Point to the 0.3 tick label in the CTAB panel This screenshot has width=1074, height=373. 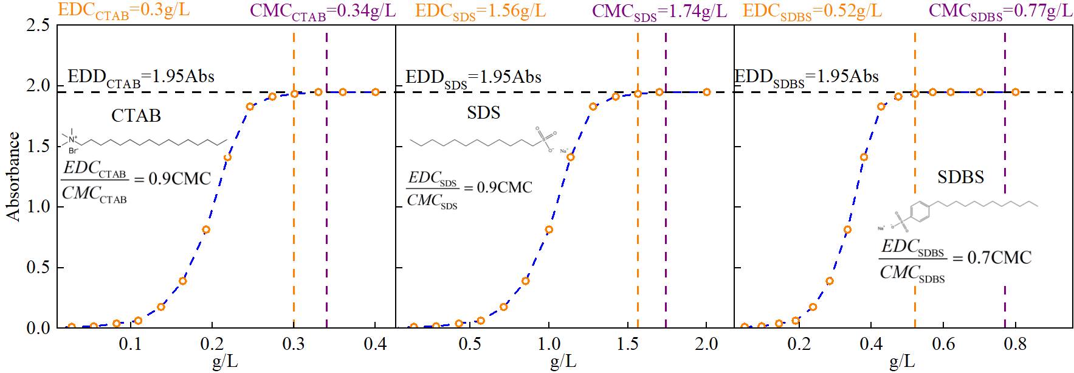coord(294,345)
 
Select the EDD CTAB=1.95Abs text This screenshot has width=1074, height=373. coord(140,77)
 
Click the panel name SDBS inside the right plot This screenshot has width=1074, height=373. coord(960,177)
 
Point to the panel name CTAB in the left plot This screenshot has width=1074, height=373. coord(136,115)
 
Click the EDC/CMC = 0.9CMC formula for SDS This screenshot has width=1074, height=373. coord(469,188)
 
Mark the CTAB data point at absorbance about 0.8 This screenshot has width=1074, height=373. coord(206,229)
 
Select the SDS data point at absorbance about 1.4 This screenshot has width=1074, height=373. coord(571,157)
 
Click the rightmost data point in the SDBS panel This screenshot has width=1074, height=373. coord(1015,92)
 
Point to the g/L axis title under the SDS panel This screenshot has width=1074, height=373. coord(563,363)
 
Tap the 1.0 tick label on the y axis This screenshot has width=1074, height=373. coord(38,207)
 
